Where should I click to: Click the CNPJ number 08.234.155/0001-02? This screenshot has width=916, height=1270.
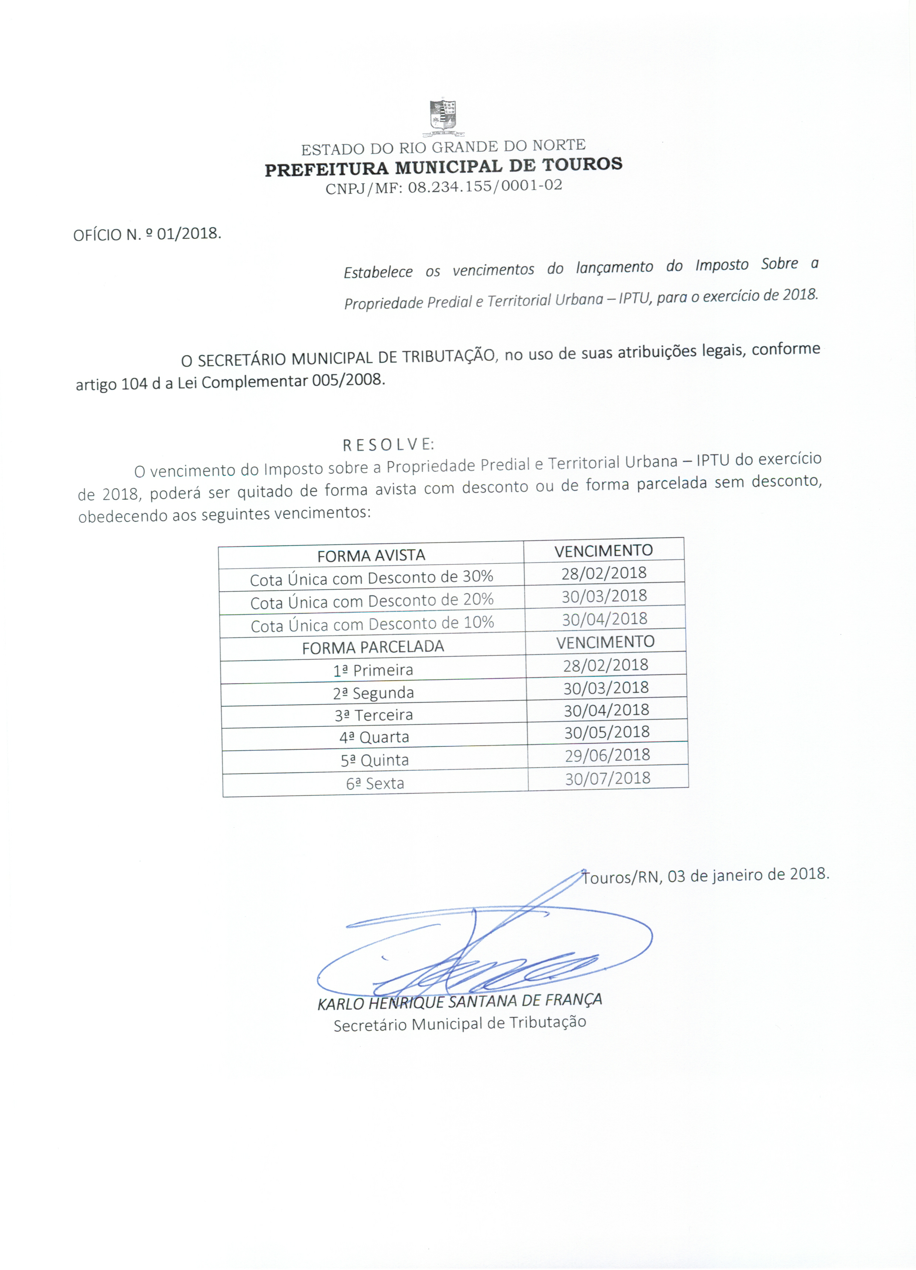(485, 186)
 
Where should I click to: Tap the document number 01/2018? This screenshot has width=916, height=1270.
(188, 234)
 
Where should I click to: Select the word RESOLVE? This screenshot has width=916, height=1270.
(388, 444)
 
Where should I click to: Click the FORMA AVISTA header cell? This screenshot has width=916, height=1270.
(371, 555)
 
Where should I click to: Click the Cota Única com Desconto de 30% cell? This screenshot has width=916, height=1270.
(371, 578)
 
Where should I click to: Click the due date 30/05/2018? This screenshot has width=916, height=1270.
(606, 732)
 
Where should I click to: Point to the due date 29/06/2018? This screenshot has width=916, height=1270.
(608, 755)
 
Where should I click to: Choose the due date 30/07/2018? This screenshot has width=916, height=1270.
(608, 778)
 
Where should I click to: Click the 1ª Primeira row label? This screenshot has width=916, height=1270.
(373, 670)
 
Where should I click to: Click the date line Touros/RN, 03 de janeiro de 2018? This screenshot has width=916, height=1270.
(705, 875)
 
